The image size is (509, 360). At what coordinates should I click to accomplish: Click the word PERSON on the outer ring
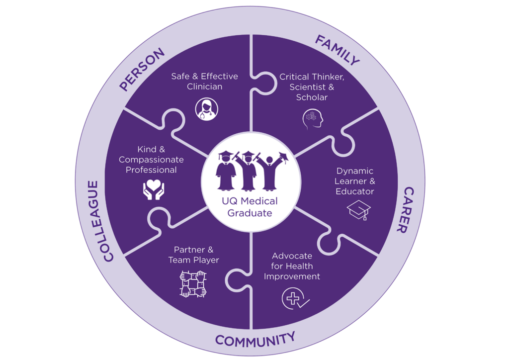(142, 69)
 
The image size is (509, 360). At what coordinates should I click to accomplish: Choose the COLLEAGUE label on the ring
(101, 221)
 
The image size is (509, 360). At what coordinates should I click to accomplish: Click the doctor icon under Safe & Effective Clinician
(204, 108)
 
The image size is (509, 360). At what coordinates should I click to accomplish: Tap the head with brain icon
(312, 119)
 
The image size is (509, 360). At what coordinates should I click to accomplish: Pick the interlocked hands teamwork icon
(192, 284)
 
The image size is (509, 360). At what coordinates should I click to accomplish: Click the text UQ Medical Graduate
(250, 207)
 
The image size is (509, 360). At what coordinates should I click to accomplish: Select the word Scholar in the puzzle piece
(312, 97)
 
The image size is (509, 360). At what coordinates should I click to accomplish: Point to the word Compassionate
(151, 160)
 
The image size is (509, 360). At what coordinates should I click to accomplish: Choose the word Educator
(354, 191)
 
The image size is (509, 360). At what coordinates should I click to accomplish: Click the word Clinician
(204, 87)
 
